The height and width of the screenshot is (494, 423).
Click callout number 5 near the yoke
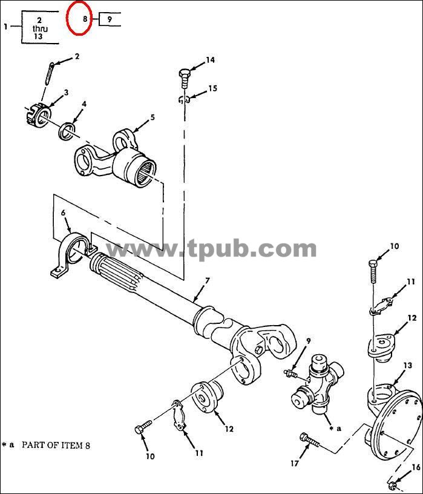click(152, 117)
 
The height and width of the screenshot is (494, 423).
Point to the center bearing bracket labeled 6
click(71, 254)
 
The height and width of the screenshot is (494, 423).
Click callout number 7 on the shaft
click(207, 280)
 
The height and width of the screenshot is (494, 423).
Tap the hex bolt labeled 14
click(185, 79)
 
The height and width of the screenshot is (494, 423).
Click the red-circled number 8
click(85, 19)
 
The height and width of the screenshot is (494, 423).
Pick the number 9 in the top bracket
click(110, 19)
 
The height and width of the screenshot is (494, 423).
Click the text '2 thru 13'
click(39, 28)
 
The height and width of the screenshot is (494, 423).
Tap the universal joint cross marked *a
click(317, 384)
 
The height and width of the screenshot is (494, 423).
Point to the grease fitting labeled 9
click(290, 374)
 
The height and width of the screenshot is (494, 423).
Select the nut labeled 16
click(392, 484)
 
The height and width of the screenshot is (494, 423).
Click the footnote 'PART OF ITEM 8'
click(56, 446)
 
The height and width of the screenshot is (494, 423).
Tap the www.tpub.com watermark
click(211, 249)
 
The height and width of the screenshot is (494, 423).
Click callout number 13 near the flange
click(407, 366)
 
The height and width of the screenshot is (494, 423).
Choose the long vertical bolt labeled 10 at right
click(373, 272)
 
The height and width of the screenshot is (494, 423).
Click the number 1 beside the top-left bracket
click(5, 27)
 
